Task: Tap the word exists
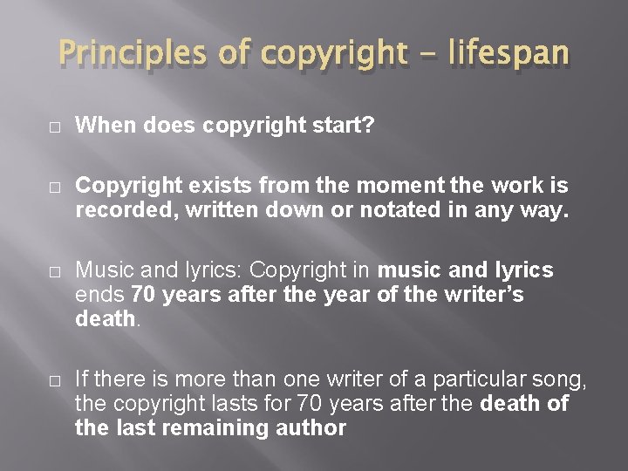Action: (x=226, y=187)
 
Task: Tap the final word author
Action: (x=309, y=428)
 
